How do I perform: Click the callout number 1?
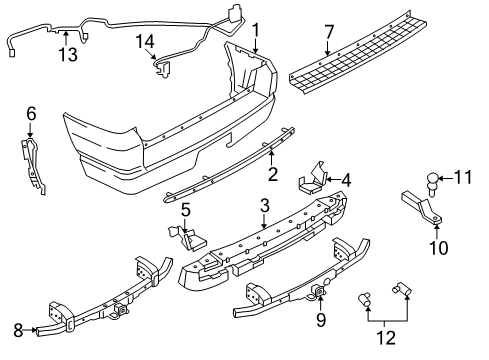point(255,29)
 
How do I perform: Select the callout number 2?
point(271,173)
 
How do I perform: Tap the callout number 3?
point(263,206)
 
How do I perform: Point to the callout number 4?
point(346,181)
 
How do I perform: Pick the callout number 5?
point(186,210)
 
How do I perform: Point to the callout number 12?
point(381,336)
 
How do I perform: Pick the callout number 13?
point(67,53)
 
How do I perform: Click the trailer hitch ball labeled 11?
point(431,184)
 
